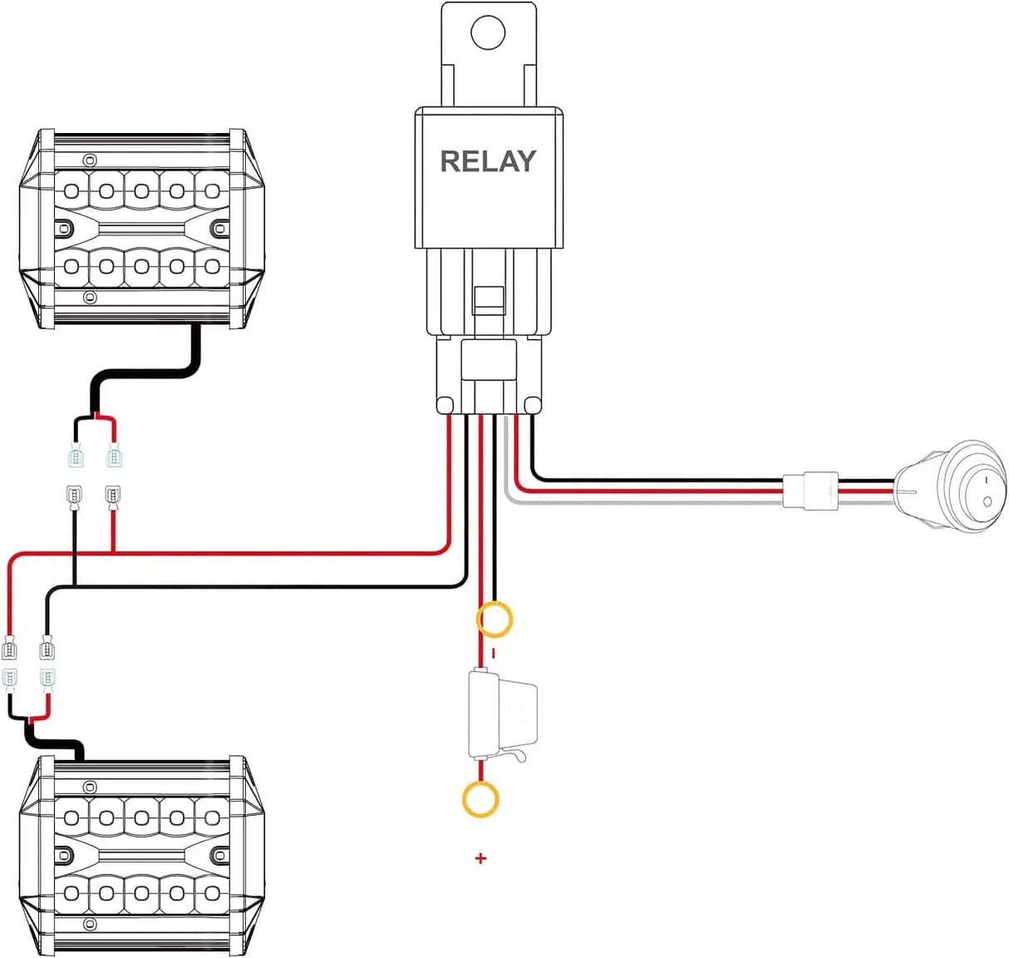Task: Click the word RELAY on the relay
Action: pyautogui.click(x=488, y=161)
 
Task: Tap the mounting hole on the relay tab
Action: pyautogui.click(x=488, y=33)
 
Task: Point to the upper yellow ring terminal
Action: pyautogui.click(x=495, y=620)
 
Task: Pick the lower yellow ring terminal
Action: pyautogui.click(x=480, y=800)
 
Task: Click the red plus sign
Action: pyautogui.click(x=480, y=858)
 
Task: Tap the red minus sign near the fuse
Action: pyautogui.click(x=493, y=654)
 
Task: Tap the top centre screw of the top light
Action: pyautogui.click(x=91, y=160)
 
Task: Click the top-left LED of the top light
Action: pyautogui.click(x=71, y=192)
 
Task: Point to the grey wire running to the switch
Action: pyautogui.click(x=648, y=501)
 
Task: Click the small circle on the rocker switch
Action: pyautogui.click(x=987, y=501)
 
